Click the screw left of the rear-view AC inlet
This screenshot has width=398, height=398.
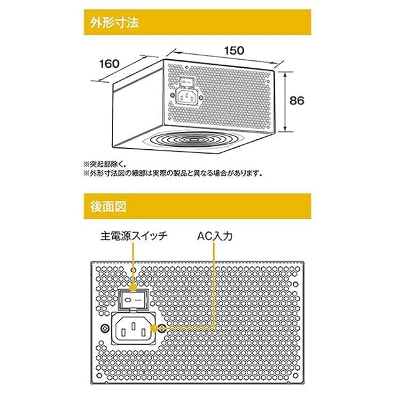103,327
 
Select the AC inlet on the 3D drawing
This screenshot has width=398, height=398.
187,96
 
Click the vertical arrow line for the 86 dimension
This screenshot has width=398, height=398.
285,101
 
